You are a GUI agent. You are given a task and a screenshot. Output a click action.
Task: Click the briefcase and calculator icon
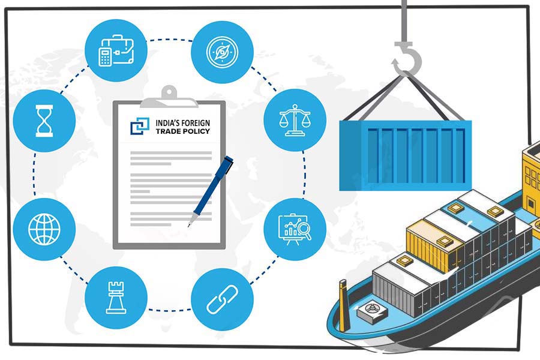116,50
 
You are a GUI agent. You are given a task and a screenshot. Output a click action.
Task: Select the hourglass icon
44,121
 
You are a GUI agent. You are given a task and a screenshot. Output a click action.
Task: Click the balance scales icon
295,120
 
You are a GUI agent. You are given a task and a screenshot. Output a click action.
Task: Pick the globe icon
44,229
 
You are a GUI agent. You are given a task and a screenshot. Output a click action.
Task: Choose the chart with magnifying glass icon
295,229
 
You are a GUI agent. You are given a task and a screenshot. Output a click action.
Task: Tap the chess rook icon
116,298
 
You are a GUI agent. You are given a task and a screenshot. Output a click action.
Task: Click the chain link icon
222,299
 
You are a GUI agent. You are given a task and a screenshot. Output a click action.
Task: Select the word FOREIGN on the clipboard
196,122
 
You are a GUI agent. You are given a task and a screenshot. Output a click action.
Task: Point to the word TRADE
168,131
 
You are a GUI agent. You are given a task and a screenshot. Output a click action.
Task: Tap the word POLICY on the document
196,131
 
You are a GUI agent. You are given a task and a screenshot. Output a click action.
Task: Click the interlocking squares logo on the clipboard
140,126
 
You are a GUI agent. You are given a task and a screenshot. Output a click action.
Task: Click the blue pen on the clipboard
211,191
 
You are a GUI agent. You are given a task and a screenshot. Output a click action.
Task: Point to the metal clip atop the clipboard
169,98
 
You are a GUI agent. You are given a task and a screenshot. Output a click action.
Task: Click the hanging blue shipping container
406,155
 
